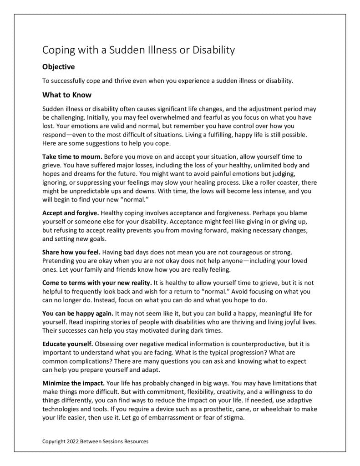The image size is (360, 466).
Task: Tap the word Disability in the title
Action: [212, 50]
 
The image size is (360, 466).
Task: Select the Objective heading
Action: [58, 67]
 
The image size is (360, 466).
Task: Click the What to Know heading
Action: [67, 95]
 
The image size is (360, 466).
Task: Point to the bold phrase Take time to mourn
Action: [72, 157]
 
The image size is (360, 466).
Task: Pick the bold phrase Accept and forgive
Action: [71, 213]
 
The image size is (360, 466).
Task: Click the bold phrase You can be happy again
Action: [78, 314]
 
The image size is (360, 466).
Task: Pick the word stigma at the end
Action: [234, 418]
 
